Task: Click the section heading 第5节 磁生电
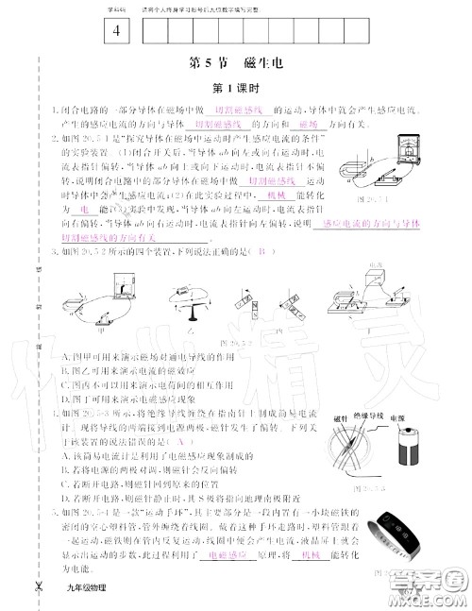coord(235,63)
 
